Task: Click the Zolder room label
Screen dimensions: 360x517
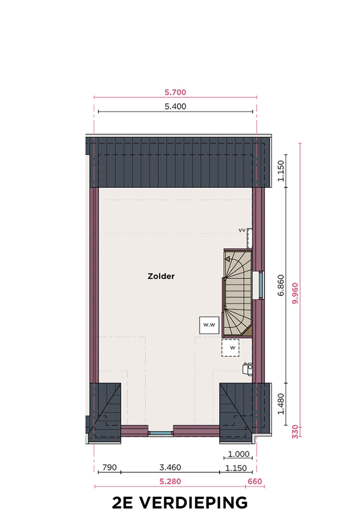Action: point(161,276)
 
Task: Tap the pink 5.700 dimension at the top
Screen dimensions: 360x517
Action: point(175,92)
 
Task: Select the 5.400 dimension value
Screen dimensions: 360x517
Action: point(175,107)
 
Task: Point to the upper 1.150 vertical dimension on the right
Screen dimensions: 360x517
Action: point(280,171)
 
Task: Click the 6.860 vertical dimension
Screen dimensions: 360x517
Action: point(280,285)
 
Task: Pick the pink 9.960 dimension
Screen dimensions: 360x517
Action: point(295,293)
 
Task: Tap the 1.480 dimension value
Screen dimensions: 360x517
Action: point(280,404)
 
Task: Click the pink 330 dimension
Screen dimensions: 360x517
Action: point(295,432)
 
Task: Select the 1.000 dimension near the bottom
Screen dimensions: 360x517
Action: point(239,454)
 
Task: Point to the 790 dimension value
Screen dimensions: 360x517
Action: point(110,468)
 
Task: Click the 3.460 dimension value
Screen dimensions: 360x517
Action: point(170,468)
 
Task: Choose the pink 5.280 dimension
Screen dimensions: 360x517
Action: point(170,482)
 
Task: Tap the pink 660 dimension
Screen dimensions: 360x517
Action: point(255,482)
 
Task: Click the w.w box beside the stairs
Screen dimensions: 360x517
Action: point(209,325)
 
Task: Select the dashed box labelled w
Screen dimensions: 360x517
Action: point(230,348)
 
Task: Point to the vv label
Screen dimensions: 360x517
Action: point(242,230)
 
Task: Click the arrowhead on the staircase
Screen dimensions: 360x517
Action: point(227,259)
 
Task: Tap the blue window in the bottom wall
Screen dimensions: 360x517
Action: point(160,433)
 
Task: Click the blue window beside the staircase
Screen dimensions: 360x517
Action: point(261,285)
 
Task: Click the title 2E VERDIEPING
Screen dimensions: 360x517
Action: point(180,503)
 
